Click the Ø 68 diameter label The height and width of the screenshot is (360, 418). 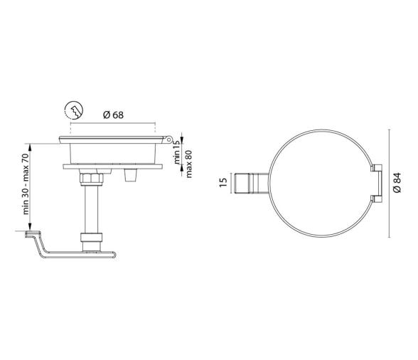click(113, 115)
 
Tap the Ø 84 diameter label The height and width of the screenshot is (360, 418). click(397, 183)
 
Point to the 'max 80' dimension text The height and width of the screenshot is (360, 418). click(189, 164)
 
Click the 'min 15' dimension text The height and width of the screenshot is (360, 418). click(177, 154)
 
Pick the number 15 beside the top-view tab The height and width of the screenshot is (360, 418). click(223, 183)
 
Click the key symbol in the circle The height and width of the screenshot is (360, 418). click(74, 110)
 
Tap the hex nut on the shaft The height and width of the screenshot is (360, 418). click(92, 179)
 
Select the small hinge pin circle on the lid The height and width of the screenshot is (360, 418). click(168, 139)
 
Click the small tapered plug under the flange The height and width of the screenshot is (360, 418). click(131, 175)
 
